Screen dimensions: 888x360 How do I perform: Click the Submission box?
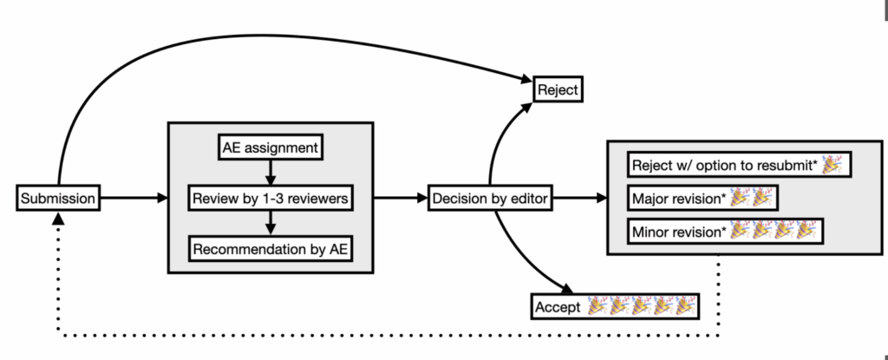[x=58, y=199]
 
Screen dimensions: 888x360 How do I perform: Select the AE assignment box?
[x=271, y=148]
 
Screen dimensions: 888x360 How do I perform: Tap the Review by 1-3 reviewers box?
[x=271, y=199]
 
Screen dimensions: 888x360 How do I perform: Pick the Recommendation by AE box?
[x=271, y=249]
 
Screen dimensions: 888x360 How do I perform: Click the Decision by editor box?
[x=491, y=199]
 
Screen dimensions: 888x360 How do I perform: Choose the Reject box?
[x=558, y=89]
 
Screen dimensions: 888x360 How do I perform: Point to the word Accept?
[x=558, y=307]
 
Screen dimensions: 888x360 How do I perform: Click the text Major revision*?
[x=679, y=199]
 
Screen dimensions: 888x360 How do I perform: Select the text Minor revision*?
[x=679, y=232]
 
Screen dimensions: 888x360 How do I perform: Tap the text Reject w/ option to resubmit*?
[x=725, y=166]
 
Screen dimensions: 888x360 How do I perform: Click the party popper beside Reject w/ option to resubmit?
[x=832, y=165]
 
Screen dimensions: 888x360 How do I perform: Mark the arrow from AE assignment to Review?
[x=271, y=173]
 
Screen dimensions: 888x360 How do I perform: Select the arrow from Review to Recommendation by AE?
[x=271, y=223]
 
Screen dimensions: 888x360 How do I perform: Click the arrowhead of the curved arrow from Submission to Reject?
[x=526, y=80]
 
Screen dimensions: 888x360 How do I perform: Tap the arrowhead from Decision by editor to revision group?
[x=601, y=198]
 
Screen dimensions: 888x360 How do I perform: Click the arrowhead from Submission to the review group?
[x=162, y=198]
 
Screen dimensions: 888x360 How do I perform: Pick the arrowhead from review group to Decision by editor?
[x=421, y=198]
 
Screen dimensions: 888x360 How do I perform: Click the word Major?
[x=649, y=199]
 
